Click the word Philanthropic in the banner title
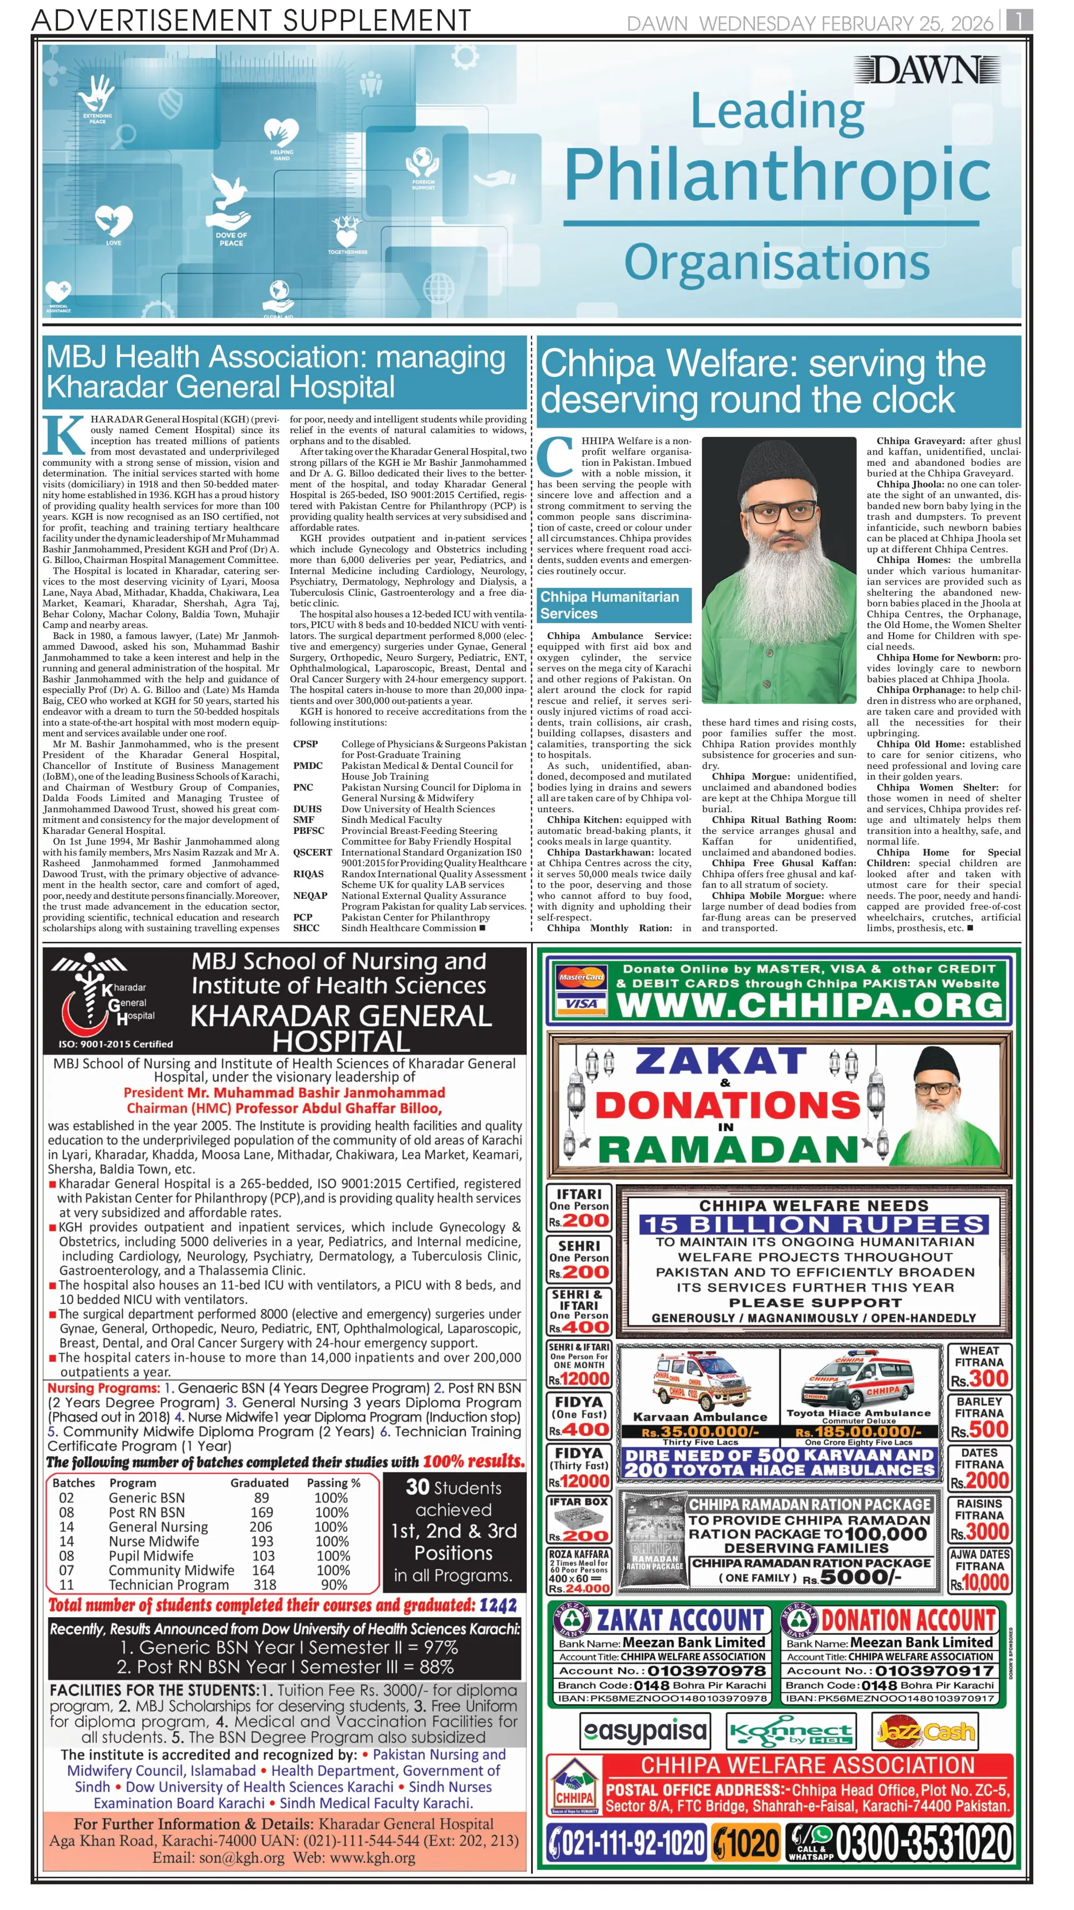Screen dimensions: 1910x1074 pos(777,175)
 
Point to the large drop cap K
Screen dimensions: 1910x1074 pos(64,435)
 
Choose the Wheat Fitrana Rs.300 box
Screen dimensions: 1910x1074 pos(978,1366)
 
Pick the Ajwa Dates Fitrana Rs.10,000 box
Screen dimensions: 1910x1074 pos(978,1571)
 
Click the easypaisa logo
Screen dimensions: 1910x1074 pos(645,1731)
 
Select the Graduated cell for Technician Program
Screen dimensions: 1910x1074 pos(265,1584)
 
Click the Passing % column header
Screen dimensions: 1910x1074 pos(333,1483)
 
